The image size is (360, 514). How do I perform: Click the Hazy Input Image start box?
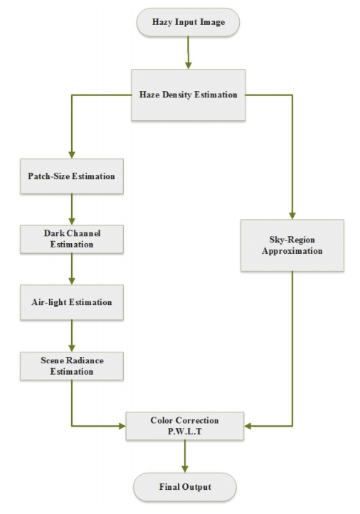tap(188, 22)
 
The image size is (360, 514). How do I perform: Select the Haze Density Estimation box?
tap(188, 95)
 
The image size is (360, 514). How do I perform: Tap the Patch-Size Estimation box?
tap(72, 176)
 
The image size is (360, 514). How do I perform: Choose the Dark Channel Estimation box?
tap(72, 240)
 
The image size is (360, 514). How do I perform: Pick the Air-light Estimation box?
tap(72, 302)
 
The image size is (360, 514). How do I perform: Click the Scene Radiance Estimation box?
tap(72, 366)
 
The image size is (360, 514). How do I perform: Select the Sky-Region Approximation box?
tap(292, 245)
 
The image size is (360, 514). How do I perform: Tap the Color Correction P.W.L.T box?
tap(185, 426)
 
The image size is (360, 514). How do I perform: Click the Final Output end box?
tap(185, 487)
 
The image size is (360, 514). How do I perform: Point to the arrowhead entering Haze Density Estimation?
tap(188, 65)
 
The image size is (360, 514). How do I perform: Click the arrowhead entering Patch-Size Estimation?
tap(72, 155)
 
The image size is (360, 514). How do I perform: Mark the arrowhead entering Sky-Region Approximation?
tap(292, 215)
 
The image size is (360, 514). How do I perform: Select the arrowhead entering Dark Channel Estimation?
tap(72, 221)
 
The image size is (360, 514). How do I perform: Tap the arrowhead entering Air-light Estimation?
tap(72, 281)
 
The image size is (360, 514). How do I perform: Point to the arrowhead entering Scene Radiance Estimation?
tap(72, 348)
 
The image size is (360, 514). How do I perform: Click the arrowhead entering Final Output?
tap(185, 469)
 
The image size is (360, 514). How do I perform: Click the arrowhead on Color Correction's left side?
tap(122, 426)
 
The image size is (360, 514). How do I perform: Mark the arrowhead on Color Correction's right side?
tap(248, 426)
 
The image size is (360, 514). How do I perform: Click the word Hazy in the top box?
tap(162, 22)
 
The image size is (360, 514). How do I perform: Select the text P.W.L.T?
tap(185, 432)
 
